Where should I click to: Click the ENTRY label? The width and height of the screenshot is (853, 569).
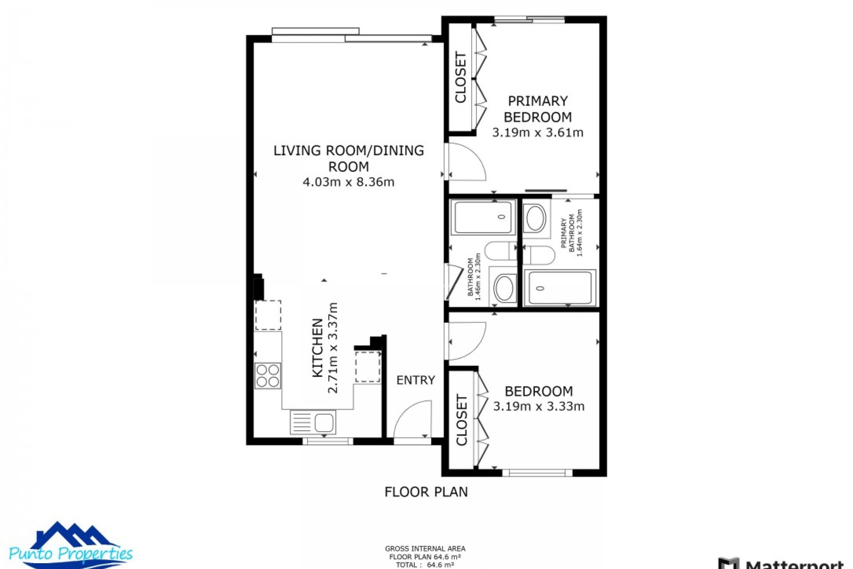click(415, 380)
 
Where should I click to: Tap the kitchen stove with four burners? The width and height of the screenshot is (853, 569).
click(267, 376)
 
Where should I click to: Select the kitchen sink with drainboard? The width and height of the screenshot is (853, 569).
click(313, 422)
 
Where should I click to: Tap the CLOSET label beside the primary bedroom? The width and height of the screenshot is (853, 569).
click(461, 78)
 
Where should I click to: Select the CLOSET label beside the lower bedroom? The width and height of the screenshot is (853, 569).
click(462, 420)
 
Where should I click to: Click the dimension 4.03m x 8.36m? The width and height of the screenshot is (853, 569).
click(348, 182)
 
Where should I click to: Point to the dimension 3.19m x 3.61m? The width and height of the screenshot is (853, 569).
click(538, 132)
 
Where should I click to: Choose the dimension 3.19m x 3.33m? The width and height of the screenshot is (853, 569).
click(538, 406)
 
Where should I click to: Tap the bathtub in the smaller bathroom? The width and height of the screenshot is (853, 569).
click(483, 217)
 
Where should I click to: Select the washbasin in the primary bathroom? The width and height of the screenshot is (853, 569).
click(535, 218)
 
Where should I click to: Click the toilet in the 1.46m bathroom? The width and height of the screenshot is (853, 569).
click(500, 251)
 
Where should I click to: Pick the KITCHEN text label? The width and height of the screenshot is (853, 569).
click(317, 348)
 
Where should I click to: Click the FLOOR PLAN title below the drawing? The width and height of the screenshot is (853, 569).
click(426, 492)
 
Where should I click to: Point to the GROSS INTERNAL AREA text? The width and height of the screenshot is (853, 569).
click(425, 549)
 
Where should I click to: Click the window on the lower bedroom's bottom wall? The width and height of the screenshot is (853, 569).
click(537, 473)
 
